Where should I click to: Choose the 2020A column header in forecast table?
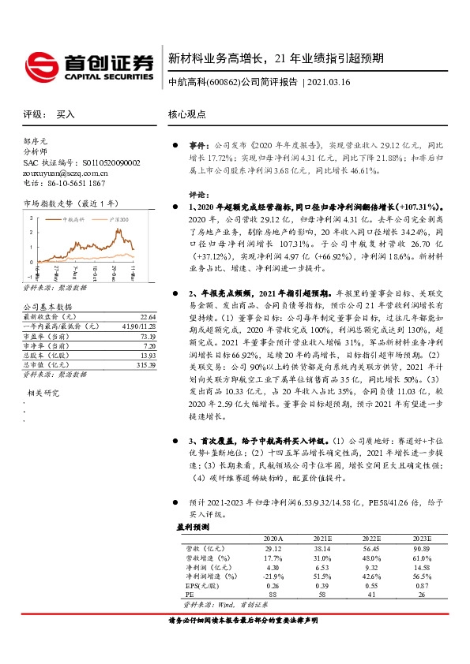[x=273, y=538]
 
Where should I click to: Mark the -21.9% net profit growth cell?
[x=273, y=576]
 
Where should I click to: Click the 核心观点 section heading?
[x=186, y=114]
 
